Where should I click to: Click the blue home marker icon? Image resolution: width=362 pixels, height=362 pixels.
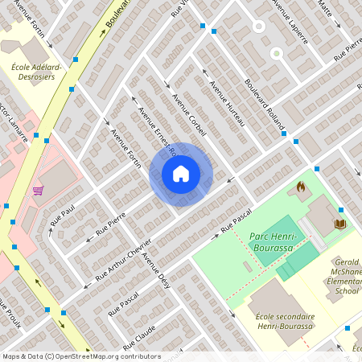tap(181, 174)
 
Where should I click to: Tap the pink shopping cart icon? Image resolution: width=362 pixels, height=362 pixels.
tap(38, 191)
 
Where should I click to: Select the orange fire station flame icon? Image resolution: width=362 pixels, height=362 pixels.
tap(301, 187)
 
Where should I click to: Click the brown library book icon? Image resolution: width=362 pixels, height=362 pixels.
tap(339, 223)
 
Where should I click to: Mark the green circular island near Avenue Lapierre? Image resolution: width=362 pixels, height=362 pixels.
tap(276, 54)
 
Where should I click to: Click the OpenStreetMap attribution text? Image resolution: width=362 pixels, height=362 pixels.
tap(80, 356)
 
